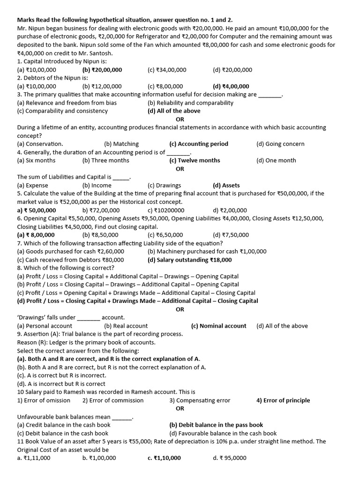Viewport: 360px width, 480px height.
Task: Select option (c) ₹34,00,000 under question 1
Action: [167, 70]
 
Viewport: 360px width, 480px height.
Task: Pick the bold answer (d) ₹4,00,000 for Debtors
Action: [231, 86]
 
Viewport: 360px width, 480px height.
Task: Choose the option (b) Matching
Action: [121, 144]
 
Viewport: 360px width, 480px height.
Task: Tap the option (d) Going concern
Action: [280, 144]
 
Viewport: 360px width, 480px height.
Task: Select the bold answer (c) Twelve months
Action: [195, 160]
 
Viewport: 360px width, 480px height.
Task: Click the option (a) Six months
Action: [36, 160]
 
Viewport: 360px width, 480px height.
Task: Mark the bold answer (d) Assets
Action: [226, 185]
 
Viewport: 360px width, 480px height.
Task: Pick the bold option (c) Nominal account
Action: [218, 326]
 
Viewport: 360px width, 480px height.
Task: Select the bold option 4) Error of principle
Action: [283, 400]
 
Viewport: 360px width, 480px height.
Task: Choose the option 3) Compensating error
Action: [200, 400]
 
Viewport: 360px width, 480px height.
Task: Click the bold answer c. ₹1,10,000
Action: [164, 458]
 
